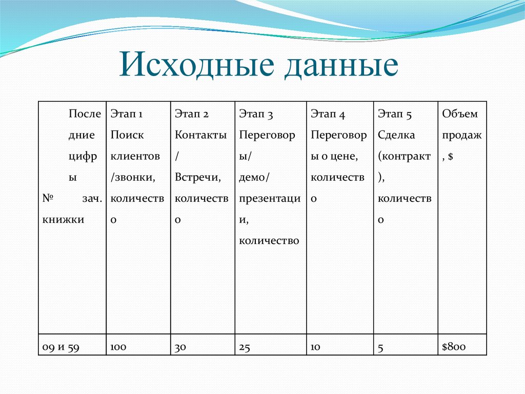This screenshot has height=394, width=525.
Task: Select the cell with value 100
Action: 118,347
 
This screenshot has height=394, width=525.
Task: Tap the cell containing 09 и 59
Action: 60,347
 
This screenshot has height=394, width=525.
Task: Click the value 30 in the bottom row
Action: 180,348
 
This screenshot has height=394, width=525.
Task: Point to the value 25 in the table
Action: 245,348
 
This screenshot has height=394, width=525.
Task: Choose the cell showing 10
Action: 315,348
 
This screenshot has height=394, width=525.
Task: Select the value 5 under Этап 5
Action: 381,348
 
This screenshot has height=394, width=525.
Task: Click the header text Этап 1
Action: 126,114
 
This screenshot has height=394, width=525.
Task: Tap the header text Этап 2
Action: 192,114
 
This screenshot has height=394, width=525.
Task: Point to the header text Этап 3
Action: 256,114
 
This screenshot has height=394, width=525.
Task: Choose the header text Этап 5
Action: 395,114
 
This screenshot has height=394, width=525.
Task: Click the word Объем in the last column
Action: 460,114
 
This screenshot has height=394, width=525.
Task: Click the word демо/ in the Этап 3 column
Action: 254,177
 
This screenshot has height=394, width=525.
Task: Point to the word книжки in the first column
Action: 63,219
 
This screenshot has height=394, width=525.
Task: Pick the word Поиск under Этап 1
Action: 127,135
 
